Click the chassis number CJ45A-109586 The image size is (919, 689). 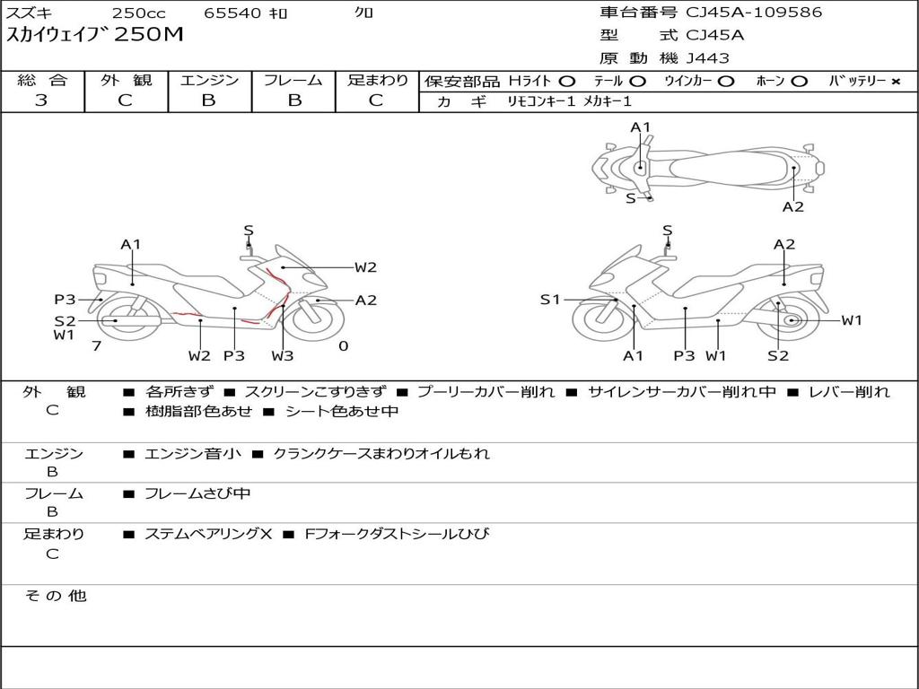click(754, 13)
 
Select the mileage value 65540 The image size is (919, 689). click(232, 13)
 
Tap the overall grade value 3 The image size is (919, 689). click(41, 100)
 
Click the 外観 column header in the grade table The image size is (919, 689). click(126, 80)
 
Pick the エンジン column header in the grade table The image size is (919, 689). click(209, 80)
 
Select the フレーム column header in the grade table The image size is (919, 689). click(293, 80)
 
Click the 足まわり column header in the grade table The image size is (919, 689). click(378, 80)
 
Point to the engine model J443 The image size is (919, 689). click(708, 58)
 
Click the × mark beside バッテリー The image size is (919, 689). click(895, 81)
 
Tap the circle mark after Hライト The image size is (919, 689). click(566, 81)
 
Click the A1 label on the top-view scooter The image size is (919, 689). click(640, 127)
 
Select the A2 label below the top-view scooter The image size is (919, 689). click(792, 207)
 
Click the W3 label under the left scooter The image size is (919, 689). click(283, 356)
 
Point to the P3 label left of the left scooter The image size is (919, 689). click(65, 300)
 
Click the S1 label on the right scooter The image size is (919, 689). click(550, 300)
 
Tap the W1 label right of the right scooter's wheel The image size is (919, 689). click(851, 320)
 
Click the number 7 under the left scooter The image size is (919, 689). click(96, 345)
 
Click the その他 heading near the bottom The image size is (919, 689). click(56, 596)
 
